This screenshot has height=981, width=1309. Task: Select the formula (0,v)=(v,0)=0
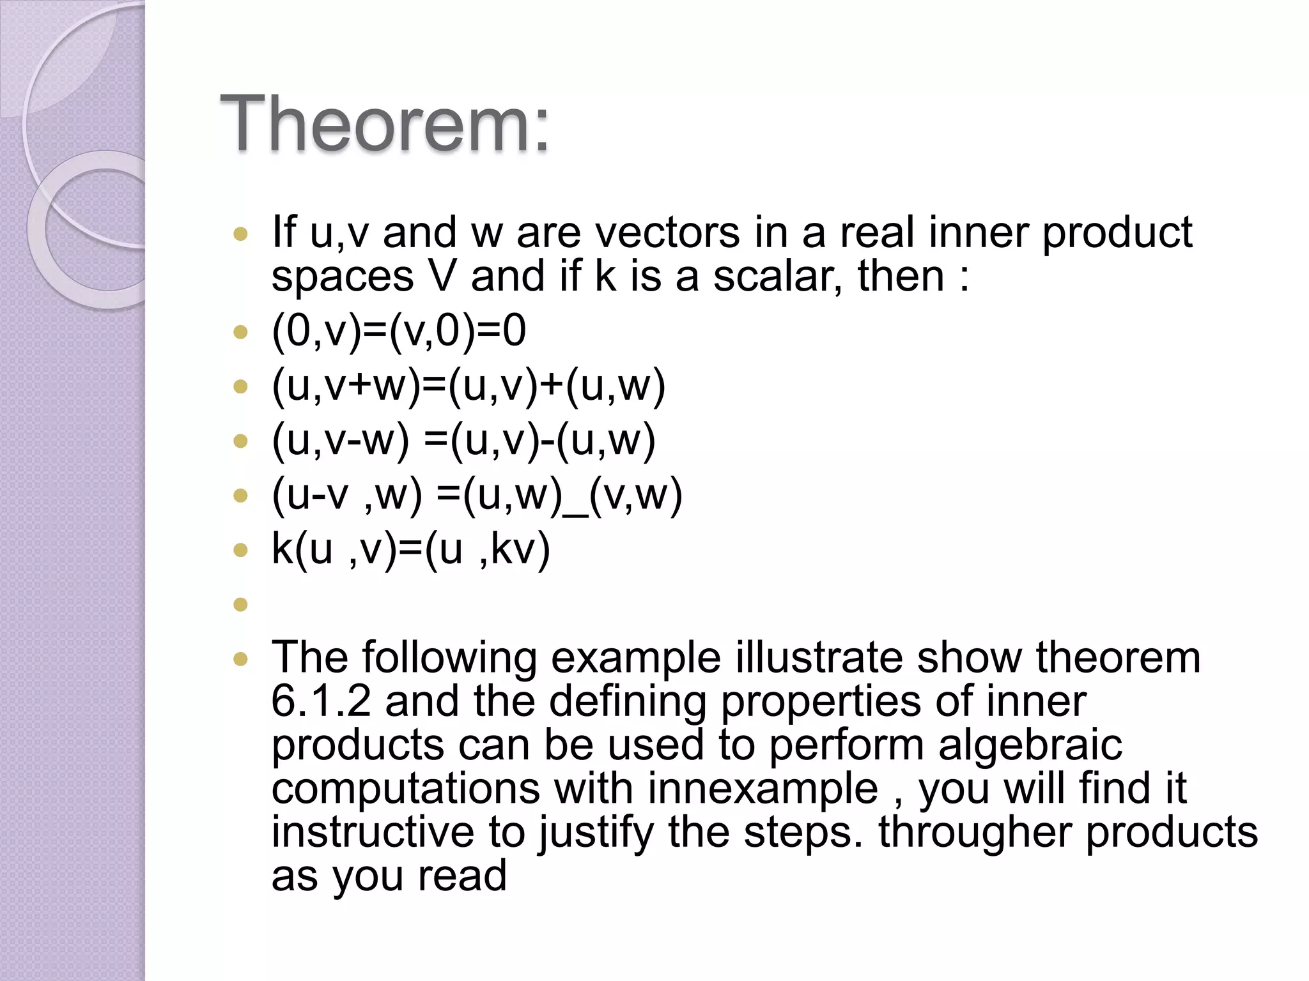pyautogui.click(x=398, y=331)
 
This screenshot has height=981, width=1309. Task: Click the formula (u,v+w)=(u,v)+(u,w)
pyautogui.click(x=469, y=386)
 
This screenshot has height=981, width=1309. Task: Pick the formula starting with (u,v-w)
pyautogui.click(x=463, y=441)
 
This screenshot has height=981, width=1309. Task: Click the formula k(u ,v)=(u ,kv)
pyautogui.click(x=410, y=549)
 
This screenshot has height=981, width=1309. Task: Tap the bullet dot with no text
pyautogui.click(x=240, y=604)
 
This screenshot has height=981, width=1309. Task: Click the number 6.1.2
pyautogui.click(x=321, y=701)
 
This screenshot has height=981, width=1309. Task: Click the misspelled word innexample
pyautogui.click(x=763, y=788)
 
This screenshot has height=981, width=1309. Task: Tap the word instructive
pyautogui.click(x=373, y=832)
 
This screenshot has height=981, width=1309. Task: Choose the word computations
pyautogui.click(x=405, y=788)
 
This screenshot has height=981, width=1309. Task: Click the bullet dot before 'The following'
pyautogui.click(x=240, y=659)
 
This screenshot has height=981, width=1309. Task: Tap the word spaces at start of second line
pyautogui.click(x=343, y=277)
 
